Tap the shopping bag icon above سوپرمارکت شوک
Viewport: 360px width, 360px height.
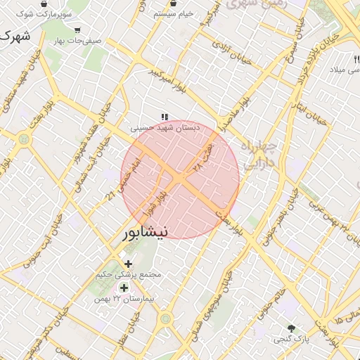(x=44, y=4)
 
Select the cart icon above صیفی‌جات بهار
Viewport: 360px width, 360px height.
(x=77, y=30)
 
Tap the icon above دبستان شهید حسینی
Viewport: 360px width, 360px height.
(x=165, y=117)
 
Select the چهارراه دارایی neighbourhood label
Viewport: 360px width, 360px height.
(x=259, y=155)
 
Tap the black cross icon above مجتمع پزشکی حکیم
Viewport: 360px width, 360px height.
(x=128, y=263)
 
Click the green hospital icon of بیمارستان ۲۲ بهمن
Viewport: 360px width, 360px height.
(x=124, y=288)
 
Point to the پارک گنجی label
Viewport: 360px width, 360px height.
(x=289, y=339)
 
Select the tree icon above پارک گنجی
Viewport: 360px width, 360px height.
(x=291, y=328)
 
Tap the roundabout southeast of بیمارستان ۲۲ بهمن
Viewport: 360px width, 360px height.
(x=166, y=320)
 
